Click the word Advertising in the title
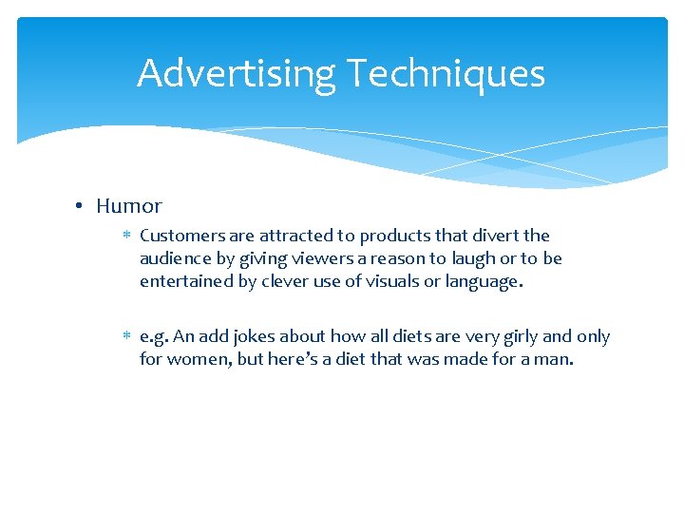point(236,74)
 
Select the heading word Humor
point(129,206)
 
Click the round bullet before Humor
point(83,206)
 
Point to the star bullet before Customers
point(126,236)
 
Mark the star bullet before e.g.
point(126,336)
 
